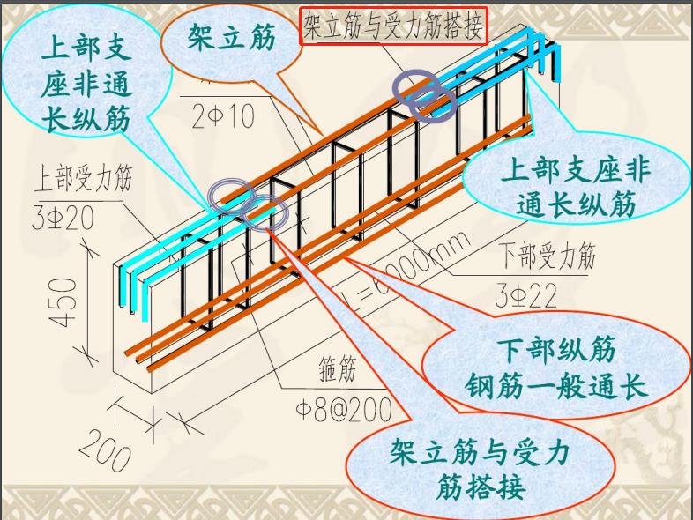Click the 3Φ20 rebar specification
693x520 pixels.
[63, 217]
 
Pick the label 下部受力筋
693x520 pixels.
[548, 256]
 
